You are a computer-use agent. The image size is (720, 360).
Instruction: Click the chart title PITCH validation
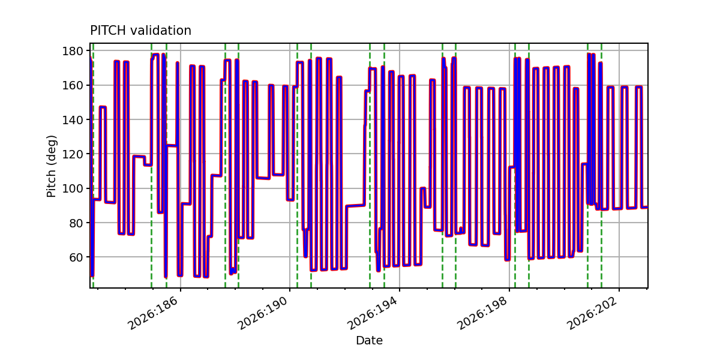pyautogui.click(x=140, y=31)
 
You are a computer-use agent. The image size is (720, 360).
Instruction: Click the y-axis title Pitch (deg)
pyautogui.click(x=51, y=166)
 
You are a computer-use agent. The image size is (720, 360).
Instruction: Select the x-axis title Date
pyautogui.click(x=369, y=340)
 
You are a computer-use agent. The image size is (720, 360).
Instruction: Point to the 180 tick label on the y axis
pyautogui.click(x=73, y=51)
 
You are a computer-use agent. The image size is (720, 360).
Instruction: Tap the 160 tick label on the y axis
pyautogui.click(x=73, y=85)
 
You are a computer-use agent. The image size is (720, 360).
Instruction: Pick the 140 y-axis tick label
pyautogui.click(x=73, y=119)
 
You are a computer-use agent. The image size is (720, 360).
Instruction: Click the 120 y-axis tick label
pyautogui.click(x=73, y=154)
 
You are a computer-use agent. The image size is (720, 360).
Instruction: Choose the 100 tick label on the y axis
pyautogui.click(x=73, y=188)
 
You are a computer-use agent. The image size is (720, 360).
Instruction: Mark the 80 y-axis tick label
pyautogui.click(x=76, y=223)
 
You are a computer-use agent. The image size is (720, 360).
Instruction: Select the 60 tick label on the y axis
pyautogui.click(x=76, y=257)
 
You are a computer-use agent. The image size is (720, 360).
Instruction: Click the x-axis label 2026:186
pyautogui.click(x=152, y=313)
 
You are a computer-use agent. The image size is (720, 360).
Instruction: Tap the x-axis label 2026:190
pyautogui.click(x=262, y=313)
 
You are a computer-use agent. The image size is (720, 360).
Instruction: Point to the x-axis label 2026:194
pyautogui.click(x=372, y=313)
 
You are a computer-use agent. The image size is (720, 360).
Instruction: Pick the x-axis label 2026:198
pyautogui.click(x=482, y=313)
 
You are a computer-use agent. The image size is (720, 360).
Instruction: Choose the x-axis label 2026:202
pyautogui.click(x=592, y=313)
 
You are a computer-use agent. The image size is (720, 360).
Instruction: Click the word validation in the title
pyautogui.click(x=161, y=31)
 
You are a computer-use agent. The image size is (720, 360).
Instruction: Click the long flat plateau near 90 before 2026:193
pyautogui.click(x=355, y=206)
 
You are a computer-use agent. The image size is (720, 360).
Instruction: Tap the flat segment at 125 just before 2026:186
pyautogui.click(x=172, y=146)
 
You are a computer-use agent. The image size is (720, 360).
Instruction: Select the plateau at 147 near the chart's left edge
pyautogui.click(x=103, y=107)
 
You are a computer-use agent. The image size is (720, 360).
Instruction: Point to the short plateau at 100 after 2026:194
pyautogui.click(x=423, y=188)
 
